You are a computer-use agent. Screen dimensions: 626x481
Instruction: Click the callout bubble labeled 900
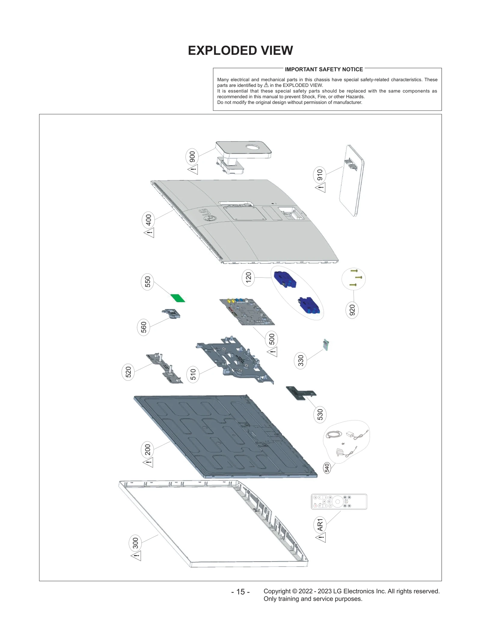192,157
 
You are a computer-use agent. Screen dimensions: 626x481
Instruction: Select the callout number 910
320,175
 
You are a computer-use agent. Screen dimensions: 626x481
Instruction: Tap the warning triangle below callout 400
149,232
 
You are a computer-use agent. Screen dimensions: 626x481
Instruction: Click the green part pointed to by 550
178,298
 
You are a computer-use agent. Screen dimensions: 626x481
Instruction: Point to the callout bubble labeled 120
248,278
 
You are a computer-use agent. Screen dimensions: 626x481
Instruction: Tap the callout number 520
128,372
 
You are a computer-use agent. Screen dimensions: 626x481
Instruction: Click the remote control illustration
339,502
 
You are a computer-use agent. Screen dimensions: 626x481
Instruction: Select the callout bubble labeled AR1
320,525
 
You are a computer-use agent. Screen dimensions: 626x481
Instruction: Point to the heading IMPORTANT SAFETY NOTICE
323,69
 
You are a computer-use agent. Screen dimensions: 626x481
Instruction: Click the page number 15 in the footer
240,592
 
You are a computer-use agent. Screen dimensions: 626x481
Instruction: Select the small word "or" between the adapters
343,444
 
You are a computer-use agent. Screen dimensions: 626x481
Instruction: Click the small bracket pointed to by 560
172,314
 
